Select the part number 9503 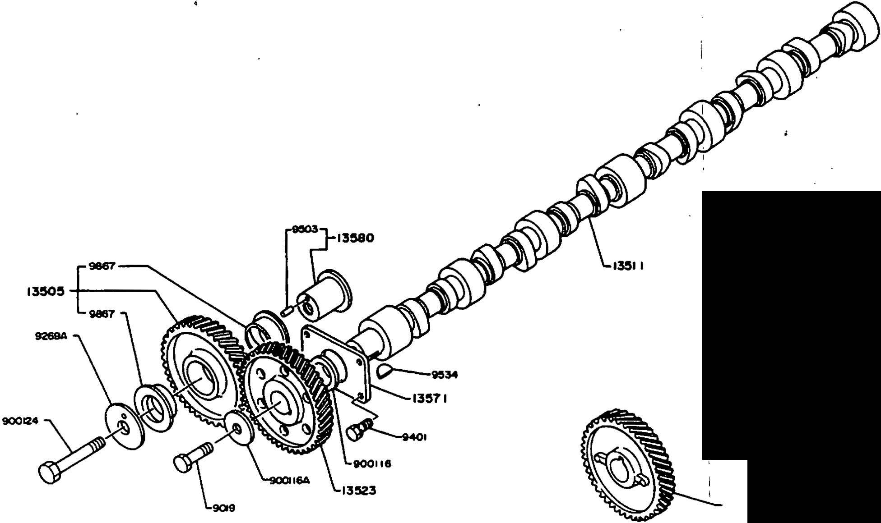point(305,229)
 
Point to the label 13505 point(45,292)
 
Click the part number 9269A point(51,336)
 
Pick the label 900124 point(20,421)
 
